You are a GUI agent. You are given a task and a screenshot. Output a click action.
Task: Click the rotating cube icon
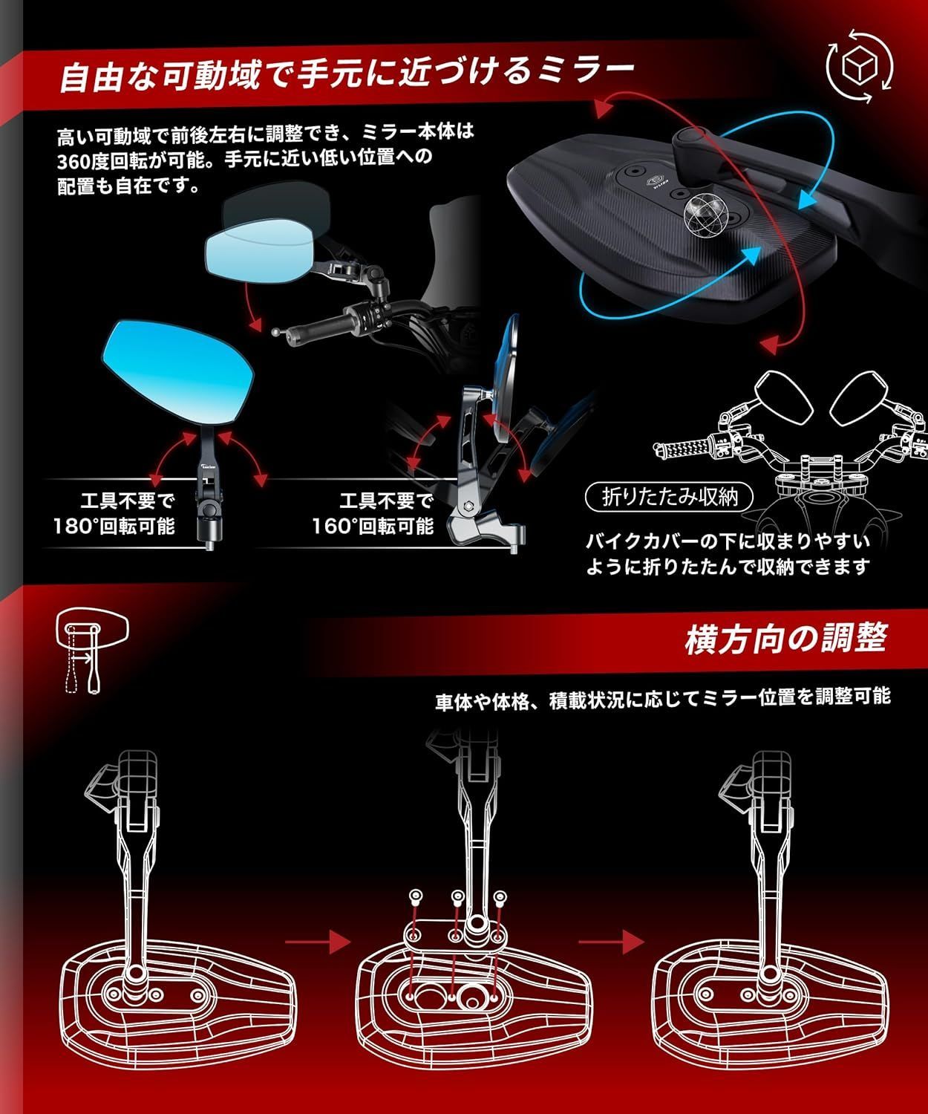(860, 66)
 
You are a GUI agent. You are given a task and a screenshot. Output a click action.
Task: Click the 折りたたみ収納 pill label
(670, 498)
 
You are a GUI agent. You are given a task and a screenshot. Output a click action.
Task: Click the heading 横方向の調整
(786, 639)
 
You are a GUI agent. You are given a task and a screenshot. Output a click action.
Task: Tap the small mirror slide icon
(92, 653)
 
